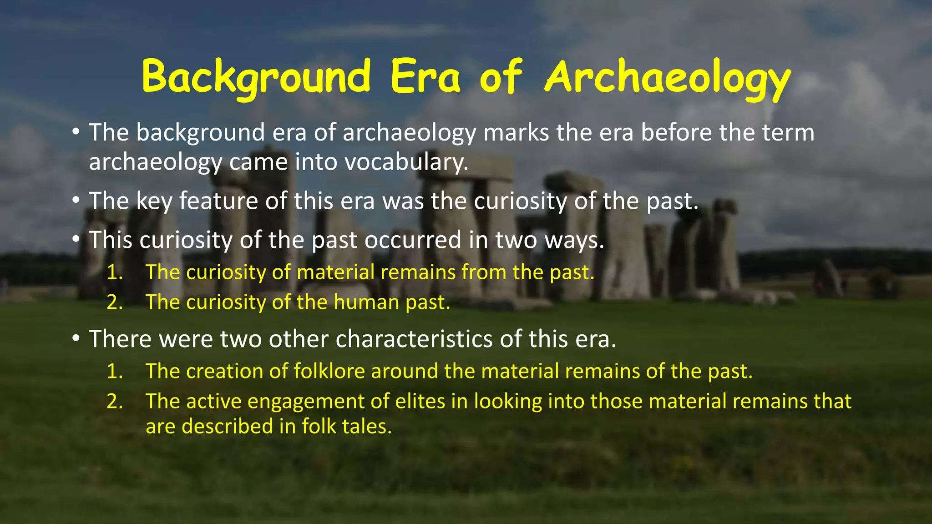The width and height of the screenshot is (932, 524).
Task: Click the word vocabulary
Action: click(x=406, y=162)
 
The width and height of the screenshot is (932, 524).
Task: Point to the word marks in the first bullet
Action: click(x=516, y=133)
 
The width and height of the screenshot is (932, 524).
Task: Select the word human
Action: click(x=366, y=302)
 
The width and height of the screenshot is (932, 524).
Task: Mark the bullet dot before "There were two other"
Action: click(x=76, y=339)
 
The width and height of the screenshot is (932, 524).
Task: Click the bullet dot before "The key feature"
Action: click(x=76, y=202)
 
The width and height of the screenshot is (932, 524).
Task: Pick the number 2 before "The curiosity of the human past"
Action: click(x=114, y=302)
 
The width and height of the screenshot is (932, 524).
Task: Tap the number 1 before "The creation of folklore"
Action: click(x=114, y=372)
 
